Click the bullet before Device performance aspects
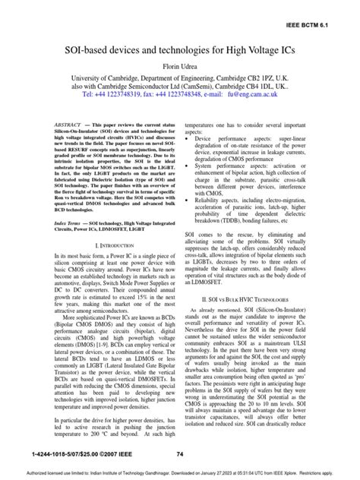coord(189,140)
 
